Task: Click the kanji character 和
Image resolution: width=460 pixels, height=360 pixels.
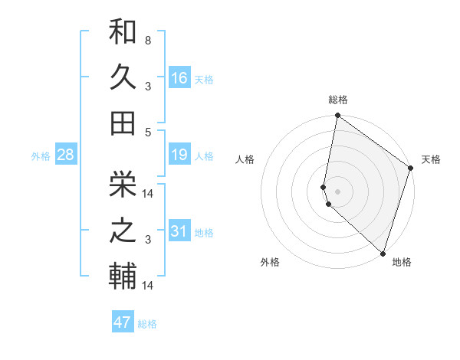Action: pyautogui.click(x=123, y=32)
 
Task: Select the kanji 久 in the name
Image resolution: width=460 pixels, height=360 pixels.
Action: pyautogui.click(x=123, y=77)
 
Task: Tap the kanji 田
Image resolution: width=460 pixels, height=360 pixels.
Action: pyautogui.click(x=123, y=122)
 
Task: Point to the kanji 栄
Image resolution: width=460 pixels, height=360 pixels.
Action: pyautogui.click(x=123, y=183)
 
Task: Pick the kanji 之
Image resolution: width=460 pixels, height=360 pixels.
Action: pyautogui.click(x=123, y=230)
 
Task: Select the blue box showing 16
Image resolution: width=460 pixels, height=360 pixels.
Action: pyautogui.click(x=179, y=77)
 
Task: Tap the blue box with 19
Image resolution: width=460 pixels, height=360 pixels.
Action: pyautogui.click(x=179, y=155)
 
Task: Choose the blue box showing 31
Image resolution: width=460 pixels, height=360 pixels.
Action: pyautogui.click(x=179, y=231)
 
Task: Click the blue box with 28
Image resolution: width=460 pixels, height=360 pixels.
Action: pyautogui.click(x=66, y=155)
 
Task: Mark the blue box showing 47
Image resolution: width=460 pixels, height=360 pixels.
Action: pyautogui.click(x=123, y=322)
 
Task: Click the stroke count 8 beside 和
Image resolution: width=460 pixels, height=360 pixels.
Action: pyautogui.click(x=147, y=39)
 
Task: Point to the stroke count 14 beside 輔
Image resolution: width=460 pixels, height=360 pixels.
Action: pyautogui.click(x=149, y=286)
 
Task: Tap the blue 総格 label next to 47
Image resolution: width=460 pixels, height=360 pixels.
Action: pyautogui.click(x=147, y=324)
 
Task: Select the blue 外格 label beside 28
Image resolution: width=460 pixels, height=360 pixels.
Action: pyautogui.click(x=41, y=156)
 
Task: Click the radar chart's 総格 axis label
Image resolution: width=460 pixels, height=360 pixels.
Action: pyautogui.click(x=337, y=100)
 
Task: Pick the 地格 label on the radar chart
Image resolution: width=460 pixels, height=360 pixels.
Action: pyautogui.click(x=402, y=263)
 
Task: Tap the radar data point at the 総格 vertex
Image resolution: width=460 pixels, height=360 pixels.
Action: pyautogui.click(x=337, y=116)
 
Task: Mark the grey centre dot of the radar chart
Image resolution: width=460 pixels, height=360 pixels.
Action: pyautogui.click(x=337, y=191)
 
